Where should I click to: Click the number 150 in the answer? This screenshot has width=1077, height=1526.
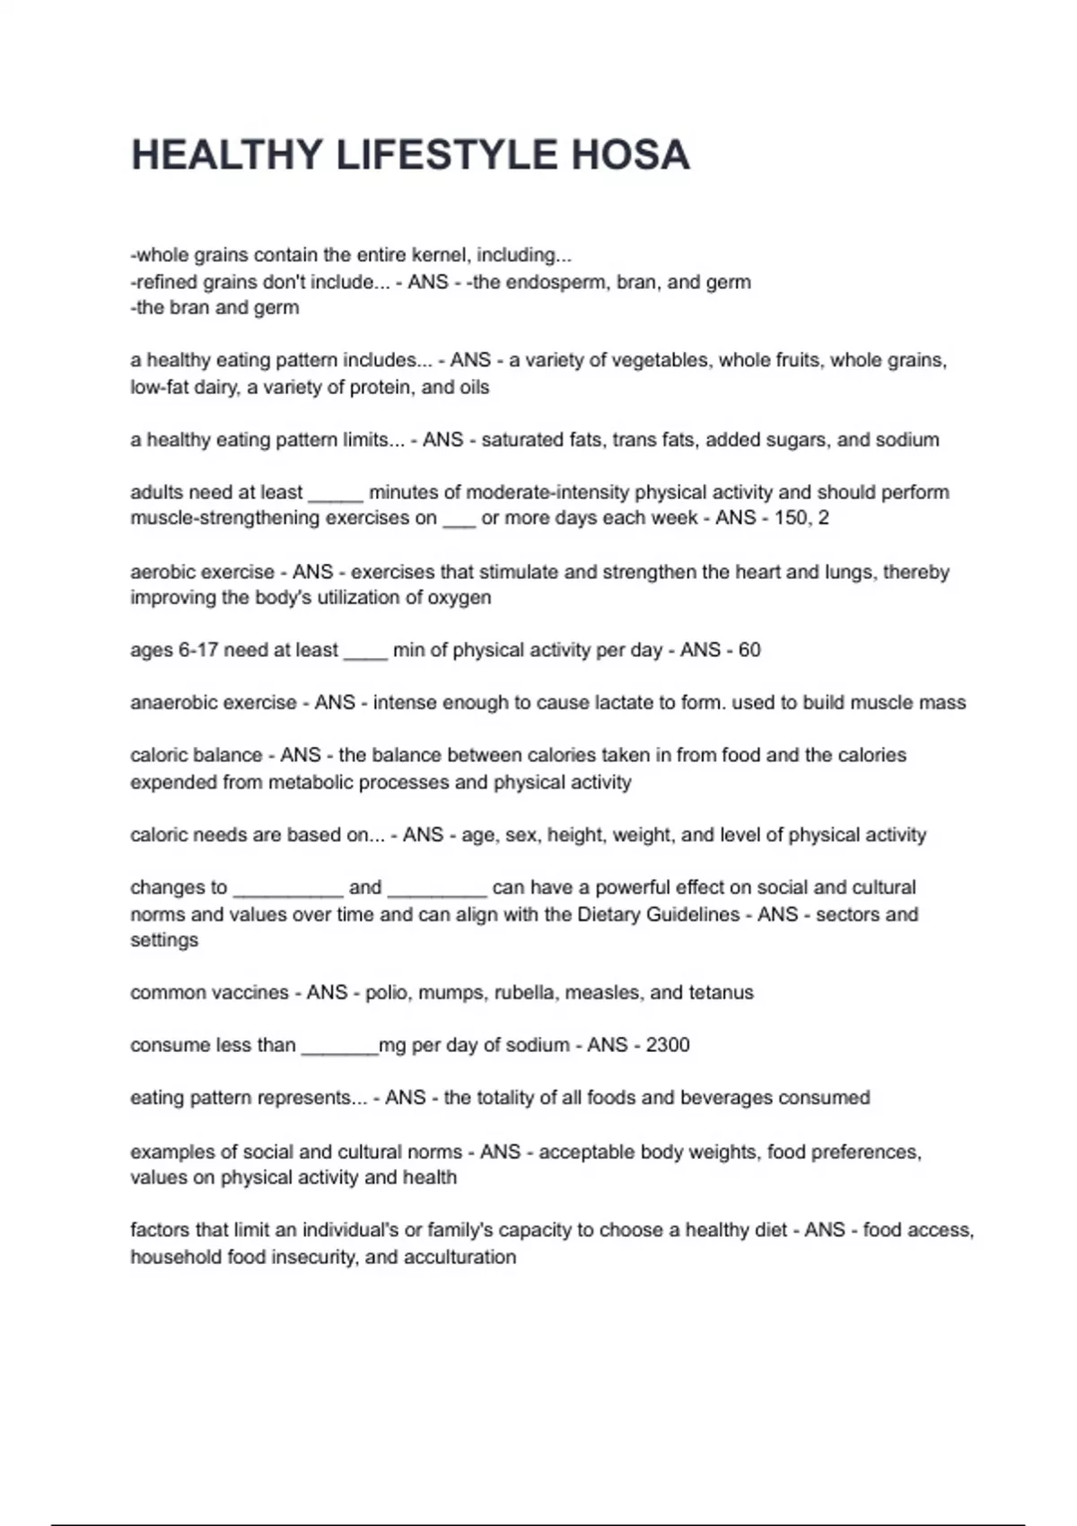point(791,518)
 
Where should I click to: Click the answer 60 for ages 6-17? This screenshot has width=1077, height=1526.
point(749,650)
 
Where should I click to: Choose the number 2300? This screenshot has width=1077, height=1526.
point(668,1045)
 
